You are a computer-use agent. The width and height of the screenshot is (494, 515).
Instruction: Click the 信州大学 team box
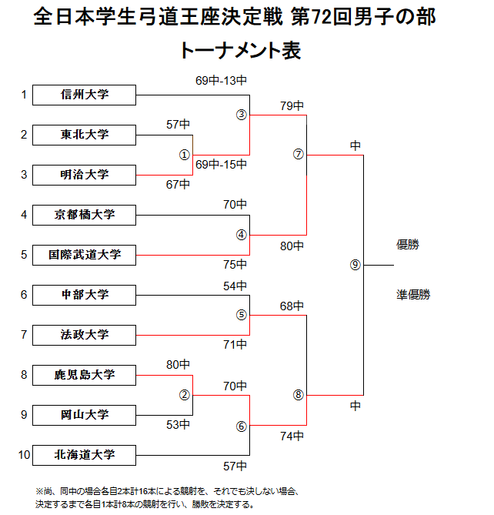pos(85,95)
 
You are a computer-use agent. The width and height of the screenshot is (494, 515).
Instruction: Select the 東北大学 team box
pos(85,135)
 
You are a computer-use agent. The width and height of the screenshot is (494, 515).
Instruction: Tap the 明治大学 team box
pos(85,175)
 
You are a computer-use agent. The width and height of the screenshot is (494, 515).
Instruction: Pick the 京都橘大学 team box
pos(85,215)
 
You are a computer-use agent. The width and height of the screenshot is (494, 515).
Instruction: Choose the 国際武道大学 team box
pos(85,255)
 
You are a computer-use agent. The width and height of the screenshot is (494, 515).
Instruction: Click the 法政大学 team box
pos(85,335)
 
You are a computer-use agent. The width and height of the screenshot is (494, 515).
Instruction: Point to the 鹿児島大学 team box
pos(85,375)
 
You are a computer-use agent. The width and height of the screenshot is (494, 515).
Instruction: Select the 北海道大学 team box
pos(85,455)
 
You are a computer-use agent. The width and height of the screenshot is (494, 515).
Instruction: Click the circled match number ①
pos(185,154)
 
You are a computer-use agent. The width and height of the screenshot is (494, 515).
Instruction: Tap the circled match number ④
pos(241,235)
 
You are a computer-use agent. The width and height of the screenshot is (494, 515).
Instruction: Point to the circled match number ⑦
pos(299,154)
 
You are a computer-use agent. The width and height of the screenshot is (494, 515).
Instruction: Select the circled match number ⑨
pos(355,265)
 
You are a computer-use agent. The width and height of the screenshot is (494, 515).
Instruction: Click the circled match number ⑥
pos(241,426)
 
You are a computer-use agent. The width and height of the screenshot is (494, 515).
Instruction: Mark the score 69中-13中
pos(221,80)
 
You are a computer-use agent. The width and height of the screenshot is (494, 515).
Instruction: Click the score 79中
pos(292,105)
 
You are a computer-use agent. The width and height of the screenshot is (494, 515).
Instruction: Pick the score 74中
pos(292,436)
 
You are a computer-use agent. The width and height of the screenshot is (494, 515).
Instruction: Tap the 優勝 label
pos(408,245)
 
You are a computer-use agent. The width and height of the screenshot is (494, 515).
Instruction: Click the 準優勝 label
pos(413,295)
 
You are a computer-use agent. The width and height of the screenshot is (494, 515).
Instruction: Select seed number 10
pos(24,455)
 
